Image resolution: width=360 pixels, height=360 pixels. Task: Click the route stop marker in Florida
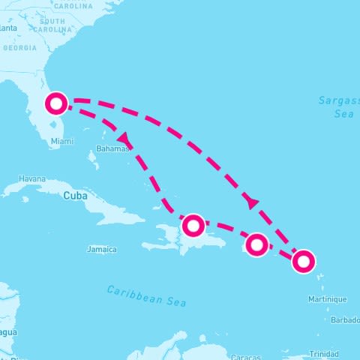pos(56,103)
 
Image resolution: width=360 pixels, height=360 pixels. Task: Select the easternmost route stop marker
pos(303,261)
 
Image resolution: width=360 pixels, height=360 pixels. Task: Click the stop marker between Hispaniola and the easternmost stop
pos(256,244)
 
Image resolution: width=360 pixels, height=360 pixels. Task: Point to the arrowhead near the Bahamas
pos(122,139)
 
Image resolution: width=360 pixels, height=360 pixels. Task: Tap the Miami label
pos(62,141)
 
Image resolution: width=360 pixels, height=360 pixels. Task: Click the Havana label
pos(32,180)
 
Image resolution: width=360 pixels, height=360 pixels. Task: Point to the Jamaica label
pos(101,249)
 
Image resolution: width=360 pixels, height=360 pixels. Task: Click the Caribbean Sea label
pos(145,295)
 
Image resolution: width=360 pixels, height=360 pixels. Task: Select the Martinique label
pos(327,299)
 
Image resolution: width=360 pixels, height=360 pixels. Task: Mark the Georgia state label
pos(19,47)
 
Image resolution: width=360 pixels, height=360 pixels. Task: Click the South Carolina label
pos(52,25)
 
